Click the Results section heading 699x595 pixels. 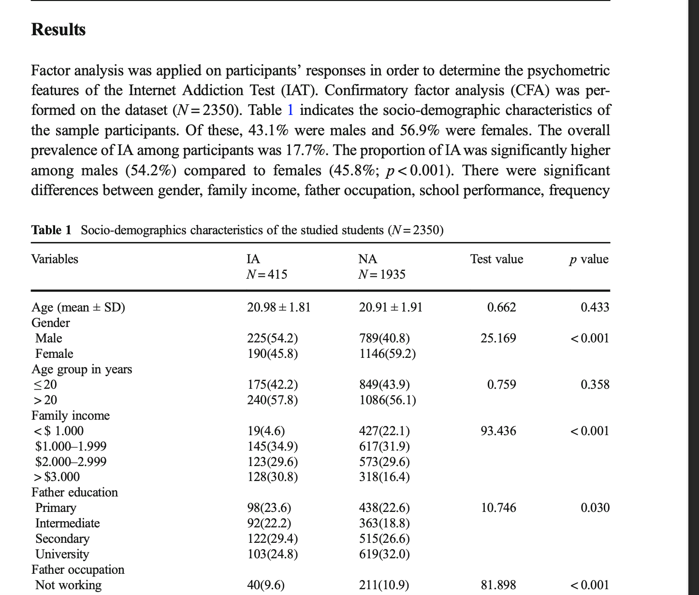point(58,29)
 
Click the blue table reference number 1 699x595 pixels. point(290,110)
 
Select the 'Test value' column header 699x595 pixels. point(496,259)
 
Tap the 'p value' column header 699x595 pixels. point(589,259)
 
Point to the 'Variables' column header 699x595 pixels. point(55,259)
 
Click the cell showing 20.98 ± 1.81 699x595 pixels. point(278,308)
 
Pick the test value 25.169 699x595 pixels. point(498,338)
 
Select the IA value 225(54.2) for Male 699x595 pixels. point(272,338)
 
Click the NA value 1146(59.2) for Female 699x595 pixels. point(387,354)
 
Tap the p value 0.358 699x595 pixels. point(595,385)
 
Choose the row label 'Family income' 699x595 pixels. point(71,416)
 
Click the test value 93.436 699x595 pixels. point(498,431)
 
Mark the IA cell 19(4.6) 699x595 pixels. point(266,431)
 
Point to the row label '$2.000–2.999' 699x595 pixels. point(71,462)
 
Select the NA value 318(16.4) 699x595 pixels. point(384,477)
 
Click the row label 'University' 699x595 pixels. point(62,554)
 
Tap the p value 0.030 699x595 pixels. point(595,508)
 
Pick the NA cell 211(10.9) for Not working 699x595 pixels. point(384,585)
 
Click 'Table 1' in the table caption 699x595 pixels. point(51,230)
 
